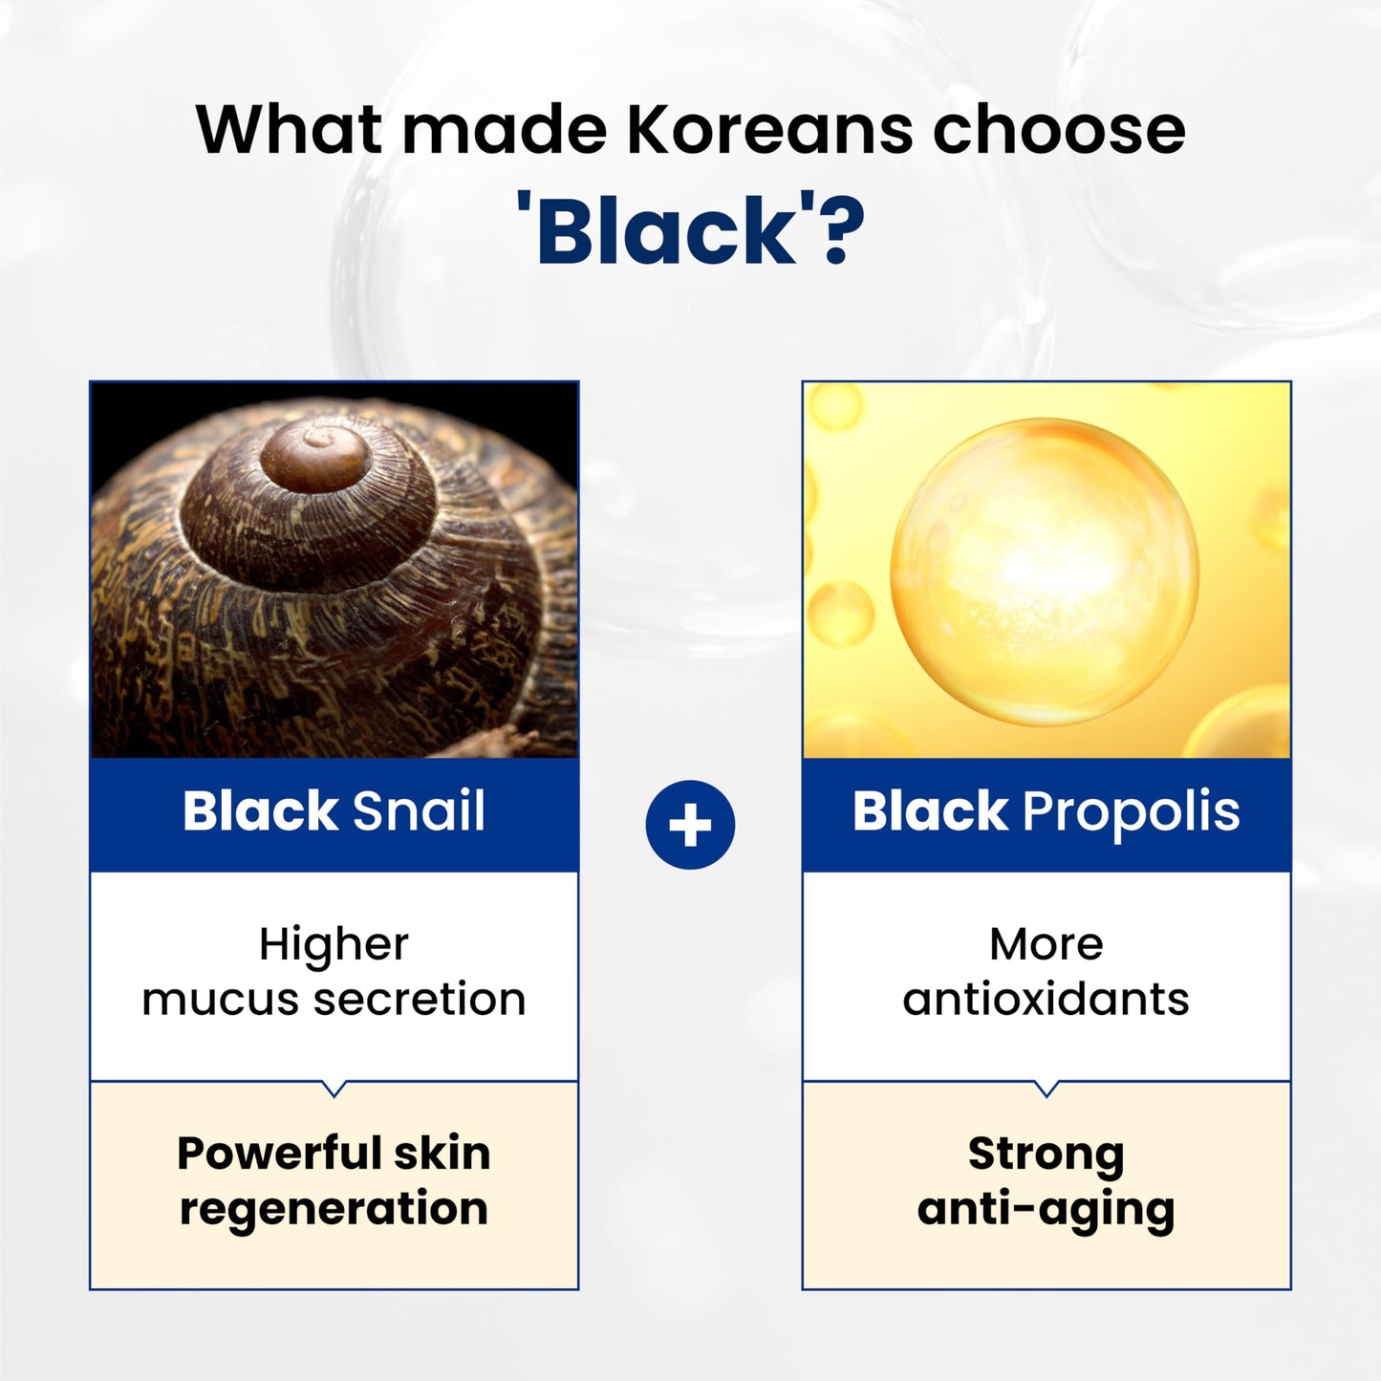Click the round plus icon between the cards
point(690,825)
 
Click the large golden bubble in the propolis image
point(1044,572)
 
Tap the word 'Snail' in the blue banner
point(419,811)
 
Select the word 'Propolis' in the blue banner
point(1131,811)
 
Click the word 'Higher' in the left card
point(334,944)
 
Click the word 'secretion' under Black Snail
point(420,1000)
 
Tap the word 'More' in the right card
point(1046,944)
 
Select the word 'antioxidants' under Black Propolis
point(1046,1000)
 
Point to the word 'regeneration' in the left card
point(334,1209)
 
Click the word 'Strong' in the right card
point(1046,1154)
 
